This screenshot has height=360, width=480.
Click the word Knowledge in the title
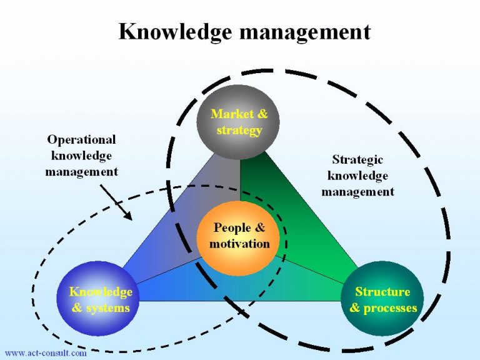pos(176,31)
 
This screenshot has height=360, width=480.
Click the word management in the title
pos(304,31)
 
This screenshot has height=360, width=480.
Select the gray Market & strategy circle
pos(238,121)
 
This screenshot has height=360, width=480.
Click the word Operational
pos(82,139)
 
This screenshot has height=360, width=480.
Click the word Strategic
pos(357,160)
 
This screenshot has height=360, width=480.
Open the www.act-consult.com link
pos(45,353)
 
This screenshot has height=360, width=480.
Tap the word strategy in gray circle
pos(239,130)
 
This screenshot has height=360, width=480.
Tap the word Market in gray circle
pos(231,114)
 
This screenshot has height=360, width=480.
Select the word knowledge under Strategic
pos(357,176)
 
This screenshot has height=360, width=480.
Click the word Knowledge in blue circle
pos(101,292)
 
